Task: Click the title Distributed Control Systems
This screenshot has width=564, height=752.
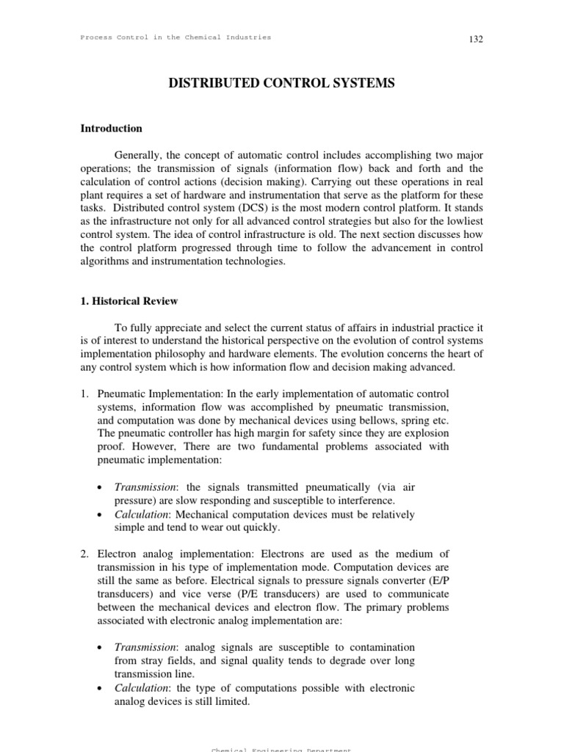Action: coord(281,84)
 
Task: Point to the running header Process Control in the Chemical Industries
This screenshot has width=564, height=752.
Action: coord(176,37)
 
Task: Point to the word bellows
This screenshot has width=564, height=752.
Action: coord(368,422)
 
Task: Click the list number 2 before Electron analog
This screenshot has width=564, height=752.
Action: coord(84,554)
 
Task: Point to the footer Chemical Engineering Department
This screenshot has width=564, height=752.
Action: coord(281,749)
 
